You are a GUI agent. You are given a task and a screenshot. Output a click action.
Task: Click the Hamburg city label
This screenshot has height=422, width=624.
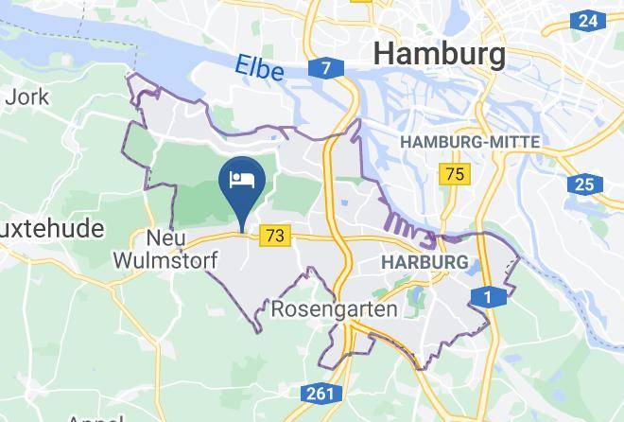click(x=439, y=53)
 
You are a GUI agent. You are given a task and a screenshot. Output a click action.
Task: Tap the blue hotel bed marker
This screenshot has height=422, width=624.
click(x=240, y=183)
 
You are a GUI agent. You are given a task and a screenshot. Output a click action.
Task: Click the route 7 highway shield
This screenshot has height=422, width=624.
click(x=325, y=68)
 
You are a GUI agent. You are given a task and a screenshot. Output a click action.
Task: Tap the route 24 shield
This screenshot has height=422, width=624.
click(x=587, y=20)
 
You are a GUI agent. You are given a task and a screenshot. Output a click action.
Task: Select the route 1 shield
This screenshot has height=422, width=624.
click(x=487, y=298)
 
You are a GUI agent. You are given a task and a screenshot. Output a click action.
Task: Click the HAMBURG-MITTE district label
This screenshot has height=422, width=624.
click(x=470, y=142)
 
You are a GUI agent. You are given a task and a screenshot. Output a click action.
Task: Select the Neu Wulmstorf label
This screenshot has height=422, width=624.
click(x=165, y=248)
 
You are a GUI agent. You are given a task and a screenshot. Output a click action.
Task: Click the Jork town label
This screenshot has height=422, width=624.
click(x=21, y=96)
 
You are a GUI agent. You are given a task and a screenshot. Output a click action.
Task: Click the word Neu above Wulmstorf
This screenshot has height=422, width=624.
click(x=165, y=237)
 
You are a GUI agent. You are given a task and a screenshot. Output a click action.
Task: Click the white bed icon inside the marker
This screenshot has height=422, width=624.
click(x=240, y=178)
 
